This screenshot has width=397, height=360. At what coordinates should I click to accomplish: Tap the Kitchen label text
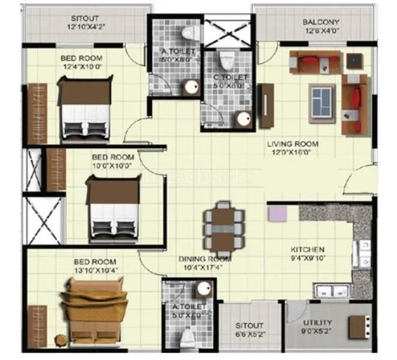pyautogui.click(x=308, y=249)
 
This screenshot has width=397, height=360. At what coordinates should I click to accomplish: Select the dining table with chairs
pyautogui.click(x=224, y=229)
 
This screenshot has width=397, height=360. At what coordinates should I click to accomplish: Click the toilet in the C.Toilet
pyautogui.click(x=227, y=60)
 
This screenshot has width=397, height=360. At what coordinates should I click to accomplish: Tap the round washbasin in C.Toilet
pyautogui.click(x=244, y=119)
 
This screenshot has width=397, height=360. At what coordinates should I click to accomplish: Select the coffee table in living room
pyautogui.click(x=323, y=97)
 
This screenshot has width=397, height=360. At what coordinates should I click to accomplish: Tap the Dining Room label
pyautogui.click(x=205, y=259)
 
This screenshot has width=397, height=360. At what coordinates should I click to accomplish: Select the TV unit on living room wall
pyautogui.click(x=267, y=106)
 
